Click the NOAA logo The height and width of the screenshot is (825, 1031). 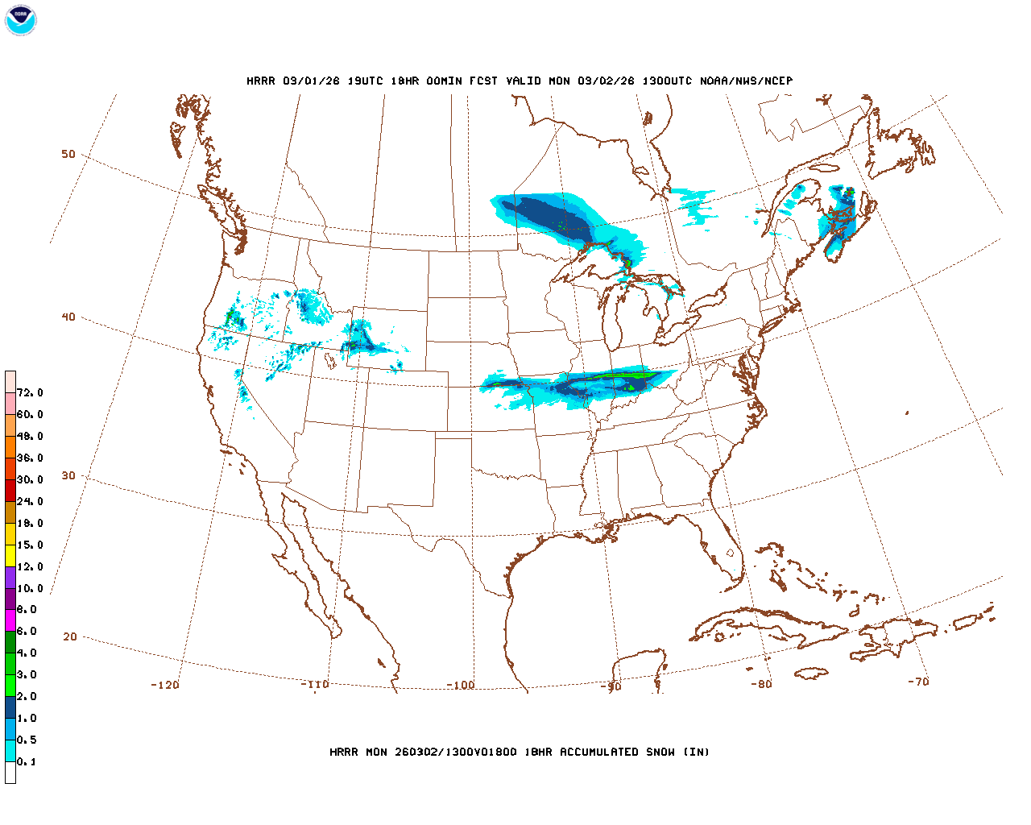click(x=20, y=20)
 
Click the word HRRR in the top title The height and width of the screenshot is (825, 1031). click(x=261, y=81)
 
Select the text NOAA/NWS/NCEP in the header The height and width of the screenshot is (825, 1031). click(x=746, y=81)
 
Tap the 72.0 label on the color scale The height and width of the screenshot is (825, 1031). click(x=30, y=393)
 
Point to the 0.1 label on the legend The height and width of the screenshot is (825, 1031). click(x=27, y=761)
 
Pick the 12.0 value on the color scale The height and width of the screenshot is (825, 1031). click(x=30, y=566)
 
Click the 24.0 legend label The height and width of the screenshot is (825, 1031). click(x=30, y=501)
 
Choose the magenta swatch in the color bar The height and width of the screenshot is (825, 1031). click(x=10, y=620)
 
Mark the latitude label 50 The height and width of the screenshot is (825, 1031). click(x=68, y=154)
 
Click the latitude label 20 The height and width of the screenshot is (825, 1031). click(x=70, y=636)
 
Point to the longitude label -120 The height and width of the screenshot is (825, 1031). click(x=164, y=685)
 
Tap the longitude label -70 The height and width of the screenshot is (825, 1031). click(x=918, y=682)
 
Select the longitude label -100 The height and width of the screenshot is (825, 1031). click(x=461, y=686)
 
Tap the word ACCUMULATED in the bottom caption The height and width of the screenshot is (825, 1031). click(x=597, y=752)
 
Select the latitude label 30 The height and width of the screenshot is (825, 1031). click(x=68, y=475)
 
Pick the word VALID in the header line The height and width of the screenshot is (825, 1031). click(x=524, y=81)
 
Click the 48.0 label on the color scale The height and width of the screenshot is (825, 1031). click(x=30, y=436)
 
